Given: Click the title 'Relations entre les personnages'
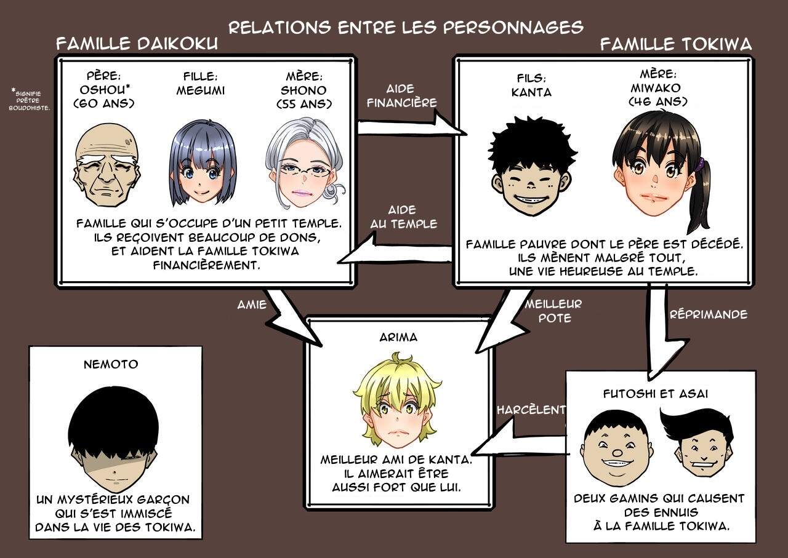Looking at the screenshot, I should pos(406,27).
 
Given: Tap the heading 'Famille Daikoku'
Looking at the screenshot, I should pos(137,44).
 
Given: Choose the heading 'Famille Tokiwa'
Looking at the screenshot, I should pos(675,44).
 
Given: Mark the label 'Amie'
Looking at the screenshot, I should pos(251,304).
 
